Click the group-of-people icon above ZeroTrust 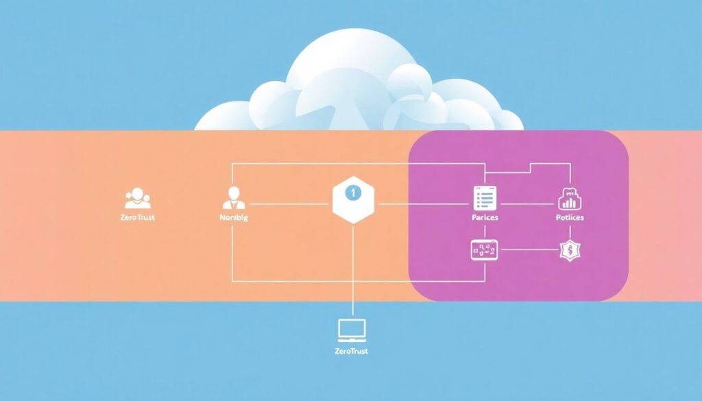[137, 198]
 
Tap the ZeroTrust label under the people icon [138, 218]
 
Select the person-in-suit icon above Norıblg [234, 197]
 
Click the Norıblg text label [234, 218]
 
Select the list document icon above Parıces [485, 197]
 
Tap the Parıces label [485, 218]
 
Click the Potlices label [570, 218]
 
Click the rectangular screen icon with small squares [484, 250]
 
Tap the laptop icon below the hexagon [352, 330]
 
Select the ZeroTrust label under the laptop [352, 352]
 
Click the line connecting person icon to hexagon [288, 204]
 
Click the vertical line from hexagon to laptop [352, 267]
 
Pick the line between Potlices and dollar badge [570, 232]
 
